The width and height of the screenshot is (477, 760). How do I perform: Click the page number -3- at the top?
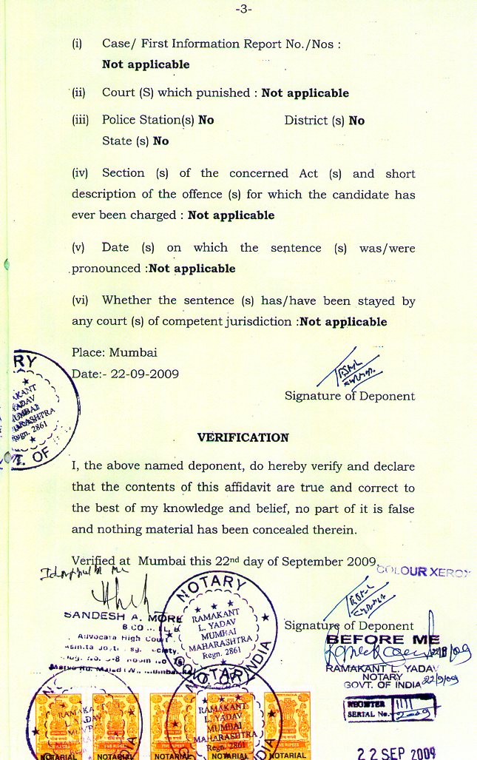243,9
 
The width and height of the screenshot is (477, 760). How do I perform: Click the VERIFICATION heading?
243,437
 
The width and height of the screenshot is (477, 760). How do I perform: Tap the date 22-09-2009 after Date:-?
144,374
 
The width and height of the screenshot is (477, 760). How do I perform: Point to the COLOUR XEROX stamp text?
423,571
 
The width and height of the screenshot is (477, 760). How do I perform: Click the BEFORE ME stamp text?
382,639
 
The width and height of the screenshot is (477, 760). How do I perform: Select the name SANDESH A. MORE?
122,615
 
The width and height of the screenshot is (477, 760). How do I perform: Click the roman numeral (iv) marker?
80,173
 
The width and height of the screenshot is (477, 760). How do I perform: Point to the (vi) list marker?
80,300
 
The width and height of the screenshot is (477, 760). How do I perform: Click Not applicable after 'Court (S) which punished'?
305,93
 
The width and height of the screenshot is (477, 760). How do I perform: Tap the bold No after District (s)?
356,121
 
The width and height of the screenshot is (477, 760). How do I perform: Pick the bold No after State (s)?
160,141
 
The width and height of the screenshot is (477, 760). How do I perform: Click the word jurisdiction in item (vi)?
261,322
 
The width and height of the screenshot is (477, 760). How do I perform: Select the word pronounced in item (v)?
106,269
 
